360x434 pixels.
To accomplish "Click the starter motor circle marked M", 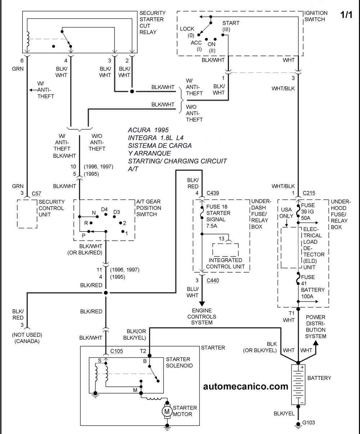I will (x=167, y=411).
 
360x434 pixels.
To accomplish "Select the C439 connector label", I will (x=213, y=193).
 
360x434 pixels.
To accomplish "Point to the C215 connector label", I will (x=309, y=193).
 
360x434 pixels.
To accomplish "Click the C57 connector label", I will (x=36, y=193).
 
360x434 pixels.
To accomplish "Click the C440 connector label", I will (x=213, y=281).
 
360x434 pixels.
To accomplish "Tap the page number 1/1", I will (x=346, y=15).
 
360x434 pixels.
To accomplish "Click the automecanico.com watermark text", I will (x=246, y=386).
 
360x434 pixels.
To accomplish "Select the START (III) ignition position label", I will (x=231, y=26).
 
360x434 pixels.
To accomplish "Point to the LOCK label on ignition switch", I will (x=187, y=29).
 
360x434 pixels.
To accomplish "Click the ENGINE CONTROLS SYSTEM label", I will (x=202, y=316).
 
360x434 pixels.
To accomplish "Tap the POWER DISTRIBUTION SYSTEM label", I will (x=315, y=326).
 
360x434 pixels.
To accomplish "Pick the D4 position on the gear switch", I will (x=104, y=209).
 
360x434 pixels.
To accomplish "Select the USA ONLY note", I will (x=286, y=212).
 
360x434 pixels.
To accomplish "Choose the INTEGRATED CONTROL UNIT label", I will (x=226, y=263).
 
